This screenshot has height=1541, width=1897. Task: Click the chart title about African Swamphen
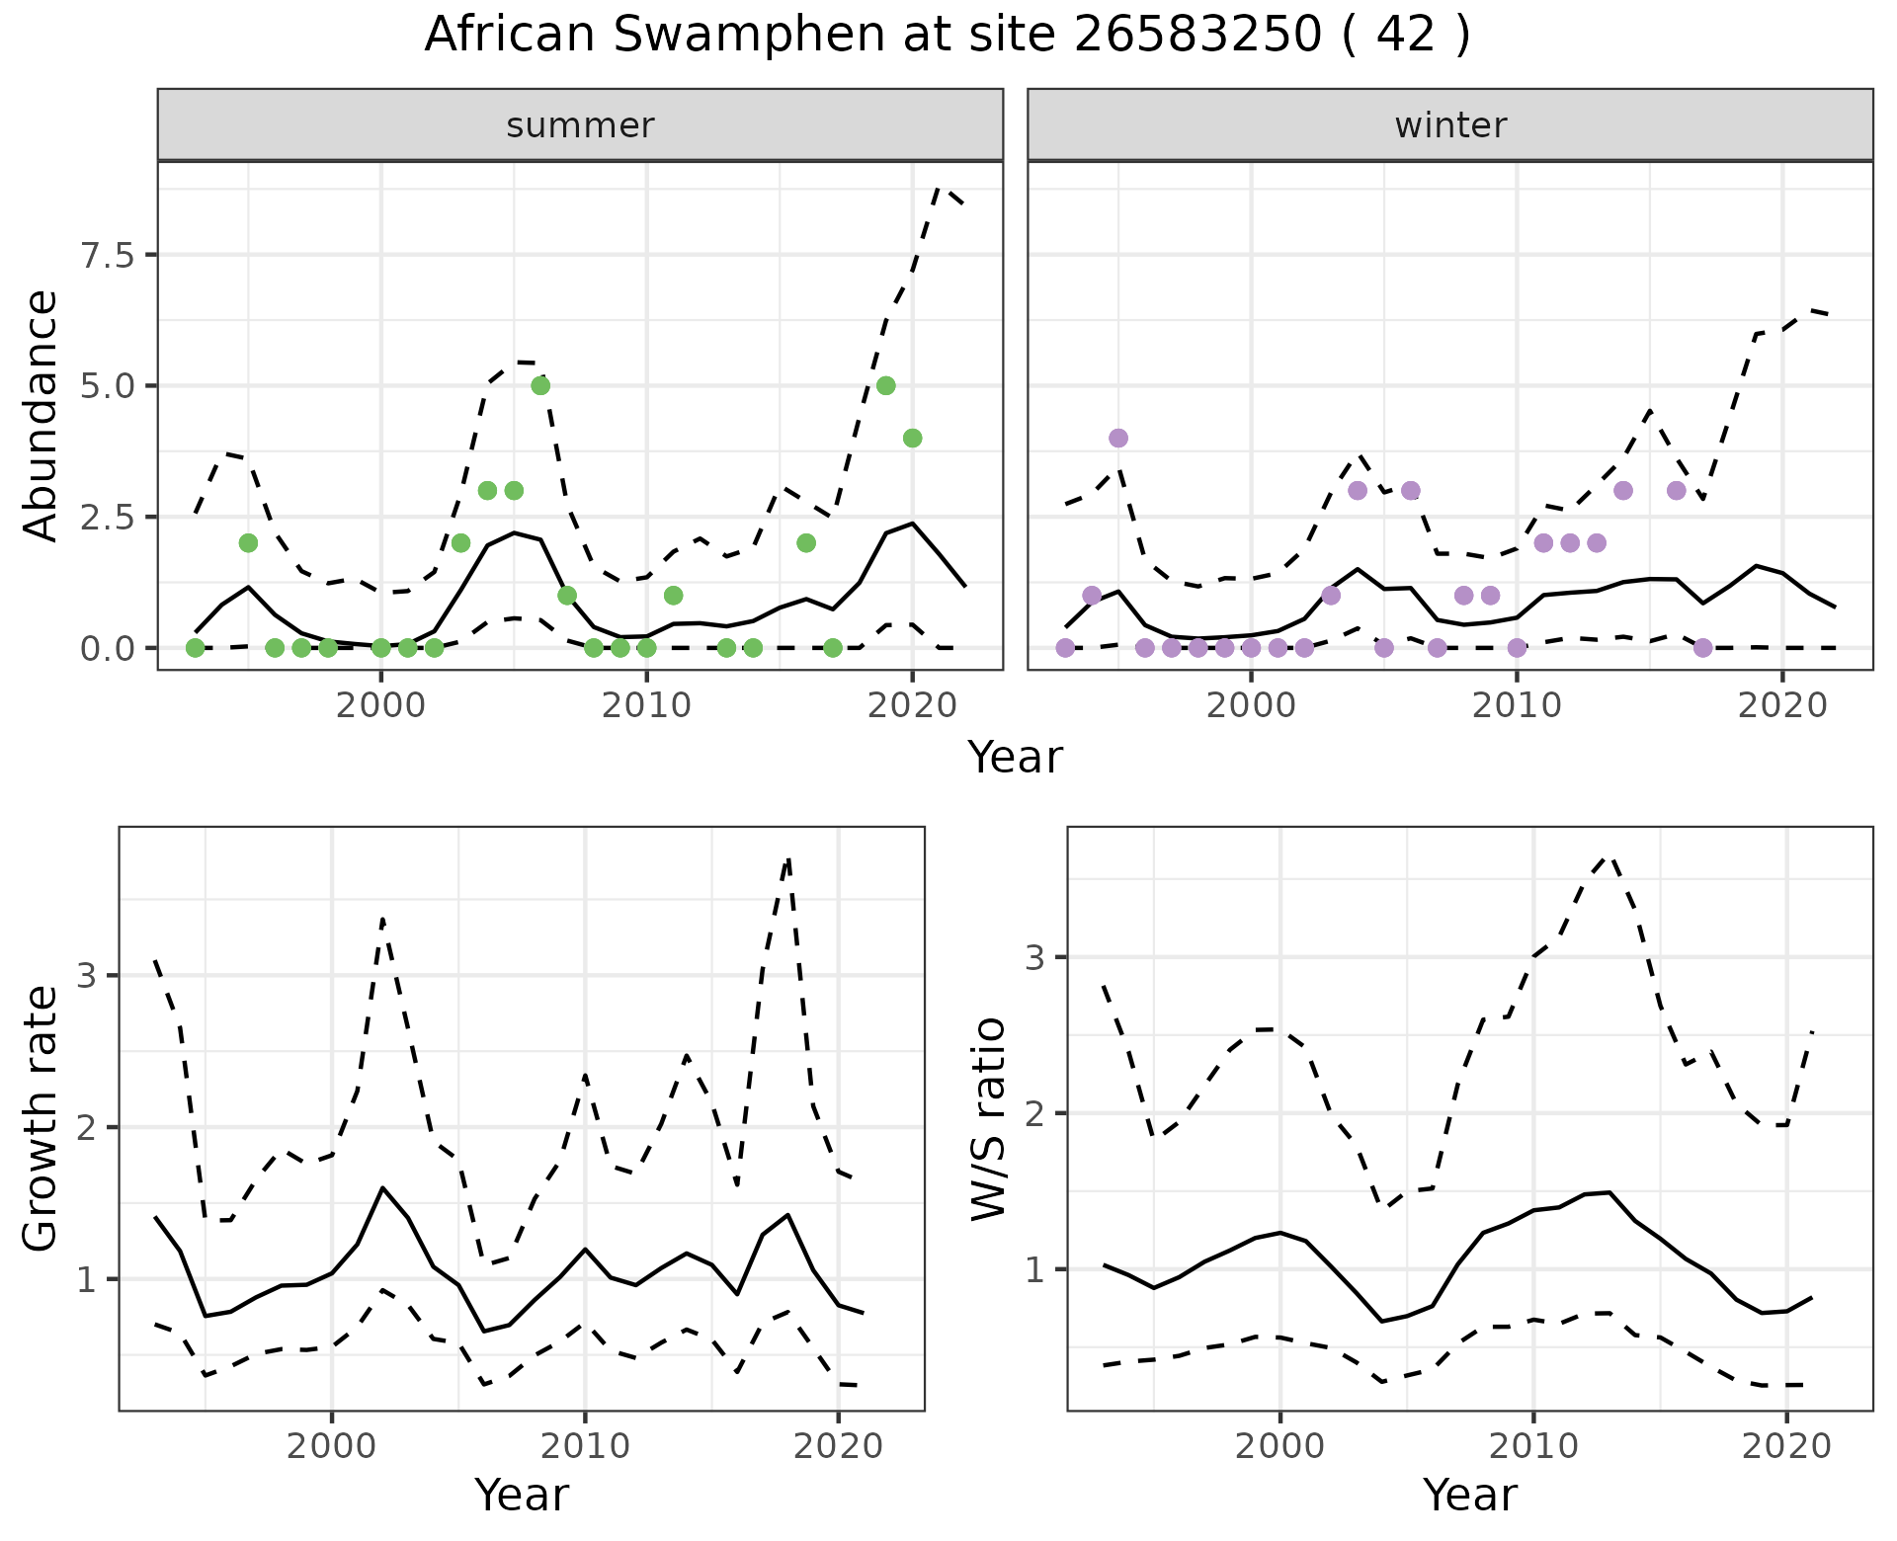pyautogui.click(x=947, y=36)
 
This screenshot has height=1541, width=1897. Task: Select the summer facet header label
pyautogui.click(x=580, y=125)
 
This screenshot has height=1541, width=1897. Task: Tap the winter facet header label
pyautogui.click(x=1449, y=125)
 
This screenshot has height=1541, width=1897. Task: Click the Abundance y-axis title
pyautogui.click(x=41, y=415)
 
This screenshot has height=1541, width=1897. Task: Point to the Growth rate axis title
pyautogui.click(x=41, y=1118)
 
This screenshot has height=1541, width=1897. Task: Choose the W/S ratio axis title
pyautogui.click(x=988, y=1118)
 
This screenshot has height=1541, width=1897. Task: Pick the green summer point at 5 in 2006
pyautogui.click(x=540, y=385)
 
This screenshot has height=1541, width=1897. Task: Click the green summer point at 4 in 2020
pyautogui.click(x=912, y=438)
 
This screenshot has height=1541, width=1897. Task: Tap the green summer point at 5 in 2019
pyautogui.click(x=885, y=385)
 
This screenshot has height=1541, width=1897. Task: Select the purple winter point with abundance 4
pyautogui.click(x=1118, y=438)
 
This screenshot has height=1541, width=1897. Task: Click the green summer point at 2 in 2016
pyautogui.click(x=806, y=542)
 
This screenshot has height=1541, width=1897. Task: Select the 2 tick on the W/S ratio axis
pyautogui.click(x=1035, y=1113)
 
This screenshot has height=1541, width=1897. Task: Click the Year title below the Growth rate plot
pyautogui.click(x=522, y=1495)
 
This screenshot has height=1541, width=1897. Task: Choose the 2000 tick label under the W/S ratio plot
pyautogui.click(x=1280, y=1446)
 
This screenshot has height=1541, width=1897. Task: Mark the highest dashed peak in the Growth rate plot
pyautogui.click(x=787, y=860)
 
